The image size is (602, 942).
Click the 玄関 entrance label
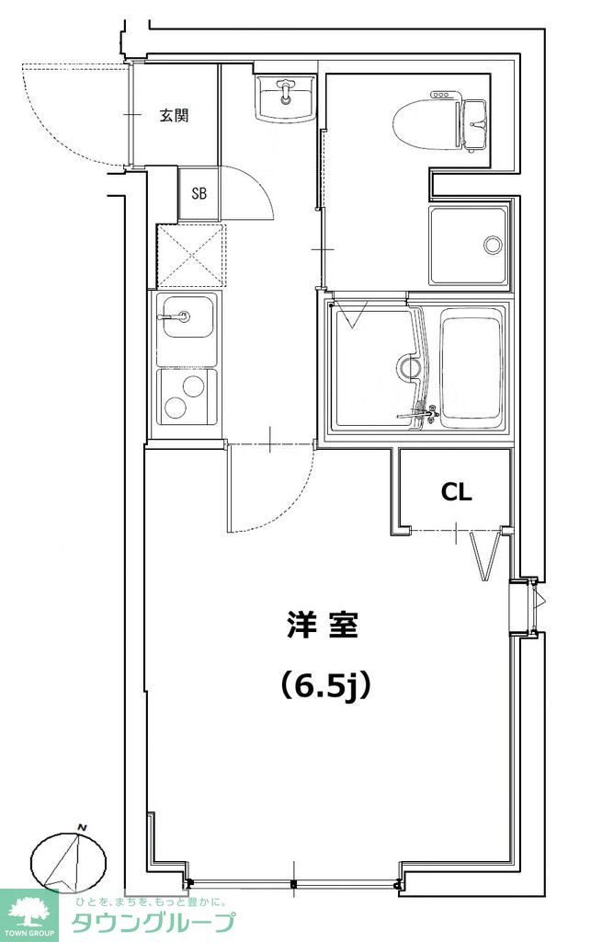click(174, 116)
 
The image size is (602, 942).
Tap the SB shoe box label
click(199, 194)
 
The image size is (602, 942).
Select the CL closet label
click(457, 492)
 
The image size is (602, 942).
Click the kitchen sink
click(187, 327)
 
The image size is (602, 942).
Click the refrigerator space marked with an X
click(190, 255)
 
